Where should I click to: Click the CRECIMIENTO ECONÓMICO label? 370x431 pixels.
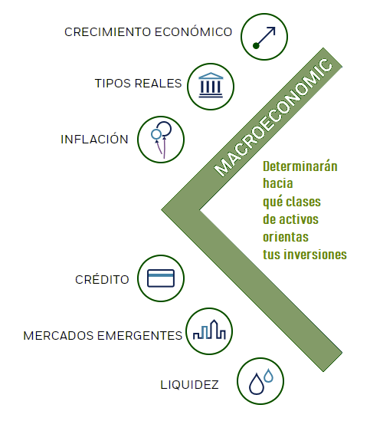click(x=148, y=31)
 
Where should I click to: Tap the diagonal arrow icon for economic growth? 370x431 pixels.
click(x=264, y=38)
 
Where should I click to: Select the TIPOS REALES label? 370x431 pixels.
click(x=139, y=84)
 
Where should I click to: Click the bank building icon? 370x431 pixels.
click(x=211, y=85)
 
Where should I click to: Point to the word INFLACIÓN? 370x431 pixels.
click(x=94, y=139)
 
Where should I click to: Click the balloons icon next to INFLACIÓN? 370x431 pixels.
click(x=161, y=140)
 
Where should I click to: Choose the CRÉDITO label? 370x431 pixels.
click(x=102, y=279)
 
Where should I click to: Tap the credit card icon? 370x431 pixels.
click(x=161, y=278)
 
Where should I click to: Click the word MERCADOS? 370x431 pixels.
click(x=58, y=336)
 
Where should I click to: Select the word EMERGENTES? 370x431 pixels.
click(x=140, y=336)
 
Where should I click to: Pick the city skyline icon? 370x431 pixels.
click(x=209, y=330)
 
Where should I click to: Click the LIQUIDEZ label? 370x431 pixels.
click(x=189, y=384)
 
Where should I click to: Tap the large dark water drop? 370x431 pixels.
click(x=257, y=383)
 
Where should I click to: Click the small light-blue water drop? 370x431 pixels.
click(x=269, y=375)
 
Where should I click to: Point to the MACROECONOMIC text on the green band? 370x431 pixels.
click(x=273, y=117)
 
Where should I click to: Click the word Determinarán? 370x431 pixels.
click(x=300, y=166)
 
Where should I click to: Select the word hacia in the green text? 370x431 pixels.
click(x=278, y=183)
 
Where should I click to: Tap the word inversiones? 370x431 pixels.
click(x=316, y=255)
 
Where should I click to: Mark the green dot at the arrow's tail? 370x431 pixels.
click(x=256, y=45)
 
